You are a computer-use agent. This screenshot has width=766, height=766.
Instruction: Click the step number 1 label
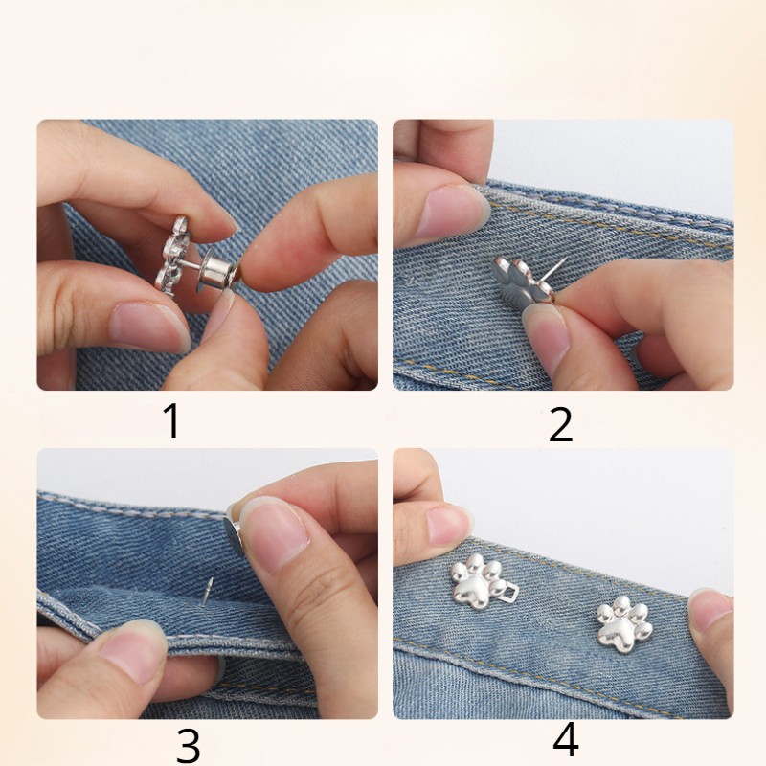click(172, 420)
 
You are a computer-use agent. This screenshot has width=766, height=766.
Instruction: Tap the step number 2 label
click(560, 424)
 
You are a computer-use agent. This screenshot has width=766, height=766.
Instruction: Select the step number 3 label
click(188, 745)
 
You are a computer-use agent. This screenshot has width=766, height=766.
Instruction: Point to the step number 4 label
click(566, 740)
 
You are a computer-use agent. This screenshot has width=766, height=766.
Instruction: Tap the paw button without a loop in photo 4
click(624, 624)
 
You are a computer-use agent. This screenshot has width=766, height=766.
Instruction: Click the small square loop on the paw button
click(513, 592)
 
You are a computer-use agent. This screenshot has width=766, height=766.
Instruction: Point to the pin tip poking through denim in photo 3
click(207, 591)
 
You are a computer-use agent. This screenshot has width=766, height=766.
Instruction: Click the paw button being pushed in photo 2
click(522, 282)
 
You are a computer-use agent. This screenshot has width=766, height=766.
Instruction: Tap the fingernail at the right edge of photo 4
click(710, 612)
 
